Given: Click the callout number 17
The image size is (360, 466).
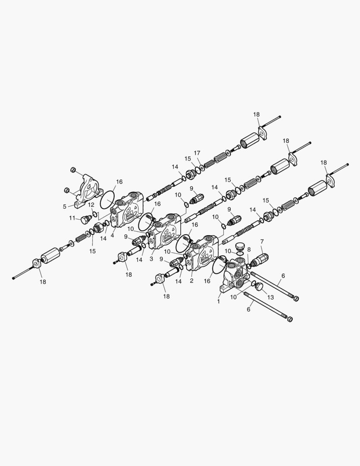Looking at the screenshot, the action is (197, 153).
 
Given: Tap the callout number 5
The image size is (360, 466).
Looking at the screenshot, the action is (65, 207).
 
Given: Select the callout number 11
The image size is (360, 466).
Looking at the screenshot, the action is (72, 218).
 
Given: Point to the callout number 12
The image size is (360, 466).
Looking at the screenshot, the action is (91, 205).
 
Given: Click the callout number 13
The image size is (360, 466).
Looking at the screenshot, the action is (270, 297).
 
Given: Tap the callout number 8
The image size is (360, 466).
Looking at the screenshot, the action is (249, 249).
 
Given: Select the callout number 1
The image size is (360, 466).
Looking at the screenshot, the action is (219, 301).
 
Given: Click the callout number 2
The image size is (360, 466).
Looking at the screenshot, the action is (191, 280).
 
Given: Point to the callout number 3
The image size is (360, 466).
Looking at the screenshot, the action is (151, 259).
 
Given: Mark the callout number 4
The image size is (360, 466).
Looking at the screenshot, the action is (112, 236).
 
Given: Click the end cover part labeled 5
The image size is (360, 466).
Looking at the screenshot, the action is (88, 190).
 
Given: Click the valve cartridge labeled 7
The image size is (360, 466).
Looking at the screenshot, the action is (260, 259).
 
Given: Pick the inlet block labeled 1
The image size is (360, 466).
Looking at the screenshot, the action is (235, 275).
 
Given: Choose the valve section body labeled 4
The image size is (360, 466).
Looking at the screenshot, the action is (127, 209).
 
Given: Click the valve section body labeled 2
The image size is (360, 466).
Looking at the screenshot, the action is (202, 252).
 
